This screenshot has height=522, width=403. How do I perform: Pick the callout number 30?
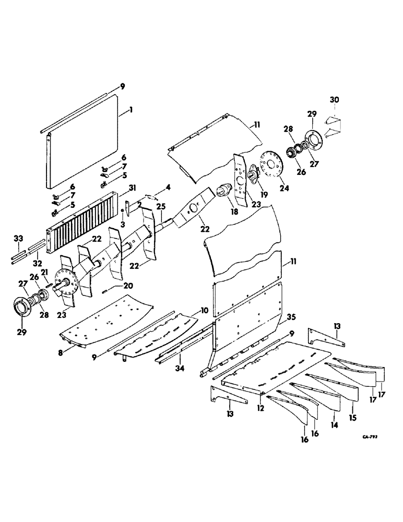(335, 100)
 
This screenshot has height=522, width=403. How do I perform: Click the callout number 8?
(61, 352)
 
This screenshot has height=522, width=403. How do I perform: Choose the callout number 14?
(334, 425)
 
